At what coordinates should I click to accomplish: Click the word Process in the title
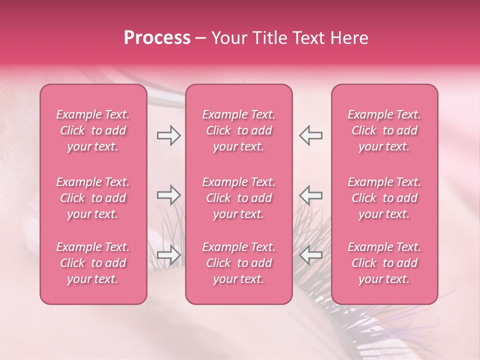pyautogui.click(x=157, y=38)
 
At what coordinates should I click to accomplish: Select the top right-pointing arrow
pyautogui.click(x=168, y=135)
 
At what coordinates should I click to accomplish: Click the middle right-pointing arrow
pyautogui.click(x=168, y=195)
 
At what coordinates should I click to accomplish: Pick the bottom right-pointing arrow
pyautogui.click(x=168, y=255)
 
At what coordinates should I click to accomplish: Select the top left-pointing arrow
pyautogui.click(x=310, y=135)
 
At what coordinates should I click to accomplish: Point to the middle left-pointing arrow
pyautogui.click(x=310, y=195)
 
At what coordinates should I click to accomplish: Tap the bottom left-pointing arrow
pyautogui.click(x=310, y=255)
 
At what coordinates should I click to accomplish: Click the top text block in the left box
pyautogui.click(x=93, y=130)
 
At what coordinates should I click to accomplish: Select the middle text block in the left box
pyautogui.click(x=93, y=198)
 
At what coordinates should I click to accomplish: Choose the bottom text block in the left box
pyautogui.click(x=93, y=263)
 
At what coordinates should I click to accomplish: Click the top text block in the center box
pyautogui.click(x=238, y=130)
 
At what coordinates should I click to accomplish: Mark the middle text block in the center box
pyautogui.click(x=238, y=198)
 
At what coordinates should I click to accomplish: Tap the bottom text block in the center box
pyautogui.click(x=238, y=263)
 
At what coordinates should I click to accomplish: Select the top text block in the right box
pyautogui.click(x=384, y=130)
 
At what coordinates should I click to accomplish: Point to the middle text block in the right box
pyautogui.click(x=384, y=198)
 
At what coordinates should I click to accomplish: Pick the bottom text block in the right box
pyautogui.click(x=384, y=263)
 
